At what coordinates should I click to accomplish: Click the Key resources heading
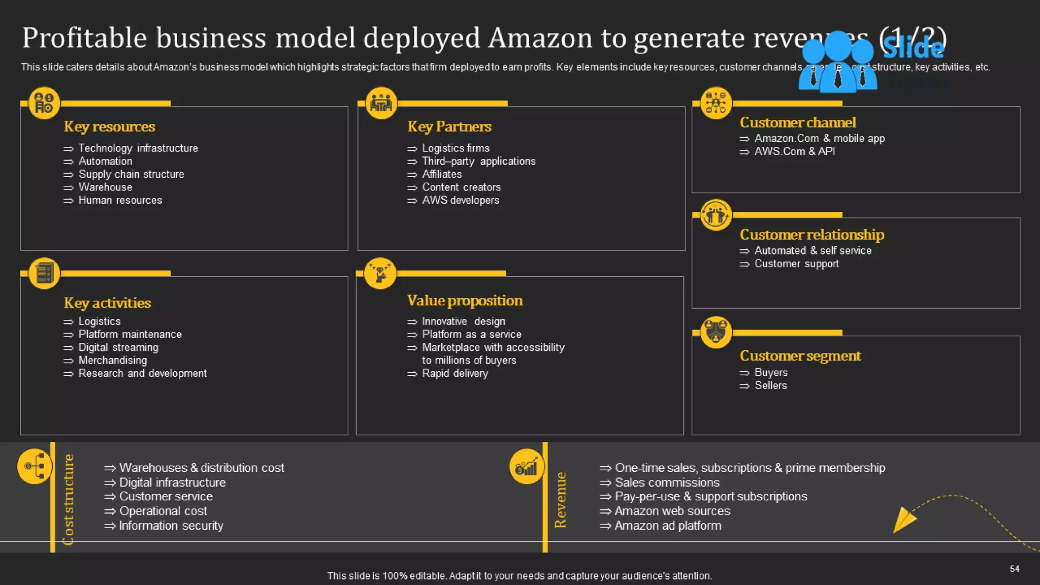(x=109, y=126)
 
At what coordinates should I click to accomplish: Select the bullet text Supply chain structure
(x=131, y=174)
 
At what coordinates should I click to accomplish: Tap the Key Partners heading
(x=449, y=126)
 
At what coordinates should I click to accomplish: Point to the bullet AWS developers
(x=460, y=201)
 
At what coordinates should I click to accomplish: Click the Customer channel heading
(x=797, y=122)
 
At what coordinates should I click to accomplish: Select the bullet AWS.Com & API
(x=794, y=151)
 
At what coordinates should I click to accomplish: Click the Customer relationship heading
(x=811, y=235)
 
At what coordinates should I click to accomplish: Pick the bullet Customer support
(x=796, y=264)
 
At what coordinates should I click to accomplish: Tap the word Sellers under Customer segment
(x=770, y=385)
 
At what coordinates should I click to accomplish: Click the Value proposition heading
(x=464, y=301)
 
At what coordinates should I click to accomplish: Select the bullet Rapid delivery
(x=454, y=374)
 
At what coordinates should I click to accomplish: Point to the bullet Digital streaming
(x=118, y=348)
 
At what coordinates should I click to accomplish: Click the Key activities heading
(x=107, y=303)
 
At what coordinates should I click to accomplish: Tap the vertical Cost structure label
(x=68, y=499)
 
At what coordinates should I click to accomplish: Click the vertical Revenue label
(x=560, y=500)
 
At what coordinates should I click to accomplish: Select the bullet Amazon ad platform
(x=667, y=526)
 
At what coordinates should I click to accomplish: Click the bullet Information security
(x=171, y=526)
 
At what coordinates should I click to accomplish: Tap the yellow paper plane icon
(x=903, y=519)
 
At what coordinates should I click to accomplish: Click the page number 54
(x=1014, y=569)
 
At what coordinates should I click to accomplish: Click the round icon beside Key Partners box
(x=381, y=104)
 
